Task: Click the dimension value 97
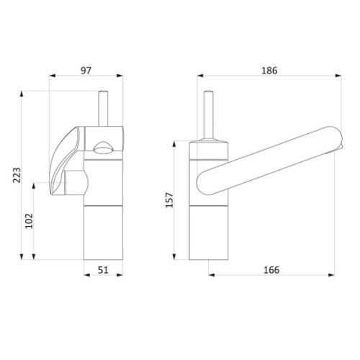[86, 71]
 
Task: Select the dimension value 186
[269, 71]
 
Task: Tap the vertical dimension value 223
[17, 175]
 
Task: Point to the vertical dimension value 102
[29, 221]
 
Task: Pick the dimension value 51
[103, 270]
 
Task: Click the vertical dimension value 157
[169, 200]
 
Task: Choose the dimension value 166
[271, 270]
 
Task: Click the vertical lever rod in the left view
[103, 109]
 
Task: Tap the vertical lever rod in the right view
[208, 115]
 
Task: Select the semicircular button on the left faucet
[103, 148]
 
